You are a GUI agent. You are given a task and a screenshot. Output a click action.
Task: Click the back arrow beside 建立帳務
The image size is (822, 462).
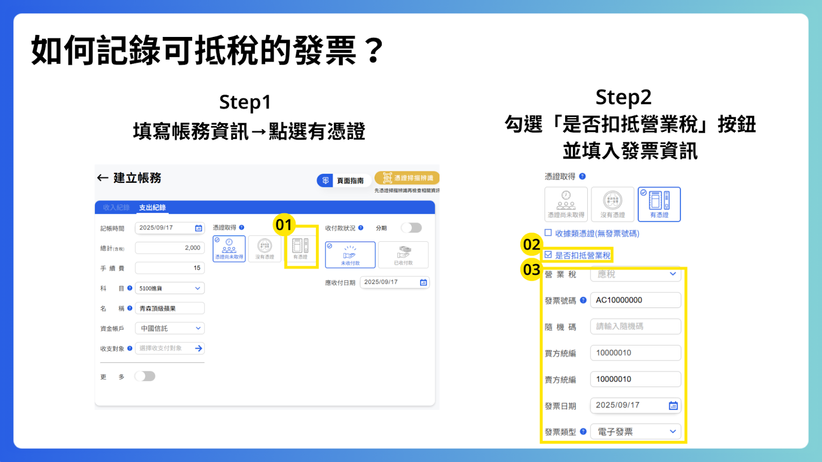102,178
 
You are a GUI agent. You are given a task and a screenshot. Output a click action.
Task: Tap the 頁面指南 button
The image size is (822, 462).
343,181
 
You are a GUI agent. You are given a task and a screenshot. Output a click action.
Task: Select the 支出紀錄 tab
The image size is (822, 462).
152,207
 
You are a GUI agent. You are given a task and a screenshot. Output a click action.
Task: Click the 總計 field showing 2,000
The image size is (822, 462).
170,248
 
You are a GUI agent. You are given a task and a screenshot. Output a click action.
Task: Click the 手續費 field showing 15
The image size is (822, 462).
170,268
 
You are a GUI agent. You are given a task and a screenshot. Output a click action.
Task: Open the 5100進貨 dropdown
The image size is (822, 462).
170,288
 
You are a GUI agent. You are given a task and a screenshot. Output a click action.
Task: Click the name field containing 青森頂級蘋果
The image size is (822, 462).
170,309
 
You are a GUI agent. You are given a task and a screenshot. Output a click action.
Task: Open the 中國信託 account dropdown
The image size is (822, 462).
170,329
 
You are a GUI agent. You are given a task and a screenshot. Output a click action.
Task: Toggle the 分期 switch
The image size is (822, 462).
412,228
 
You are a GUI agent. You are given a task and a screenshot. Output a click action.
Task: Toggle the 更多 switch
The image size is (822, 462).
145,376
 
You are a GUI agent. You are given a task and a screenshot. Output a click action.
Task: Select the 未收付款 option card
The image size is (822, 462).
350,255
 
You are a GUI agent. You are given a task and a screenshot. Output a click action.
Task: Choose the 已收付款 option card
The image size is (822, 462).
403,255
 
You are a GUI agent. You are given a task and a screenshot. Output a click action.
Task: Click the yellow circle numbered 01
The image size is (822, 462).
284,225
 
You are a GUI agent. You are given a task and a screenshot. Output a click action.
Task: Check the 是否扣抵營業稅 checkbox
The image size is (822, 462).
548,255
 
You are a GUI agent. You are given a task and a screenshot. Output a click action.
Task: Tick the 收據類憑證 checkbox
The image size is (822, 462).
548,233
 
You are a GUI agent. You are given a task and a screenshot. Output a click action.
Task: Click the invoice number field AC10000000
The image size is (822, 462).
636,300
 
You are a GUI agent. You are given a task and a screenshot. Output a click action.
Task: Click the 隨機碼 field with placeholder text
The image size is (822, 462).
636,326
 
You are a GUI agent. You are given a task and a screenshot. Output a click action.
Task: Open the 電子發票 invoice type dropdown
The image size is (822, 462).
636,432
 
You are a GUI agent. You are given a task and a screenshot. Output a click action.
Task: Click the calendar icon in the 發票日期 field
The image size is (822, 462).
673,406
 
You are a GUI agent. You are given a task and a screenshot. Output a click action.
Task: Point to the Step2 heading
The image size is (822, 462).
623,97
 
